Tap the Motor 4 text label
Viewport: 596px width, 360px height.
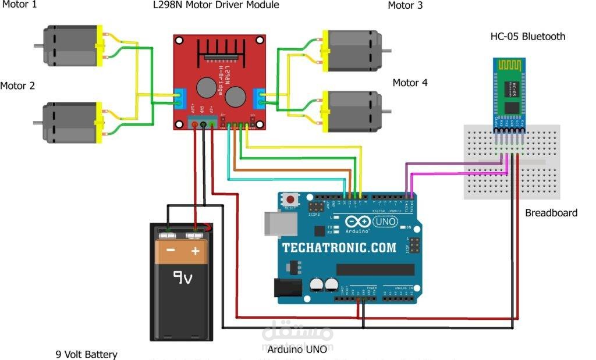pyautogui.click(x=410, y=83)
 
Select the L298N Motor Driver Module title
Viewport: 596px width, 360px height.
pyautogui.click(x=220, y=5)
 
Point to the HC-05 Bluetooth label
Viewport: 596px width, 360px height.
pyautogui.click(x=528, y=37)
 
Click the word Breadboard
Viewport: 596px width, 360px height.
pyautogui.click(x=551, y=213)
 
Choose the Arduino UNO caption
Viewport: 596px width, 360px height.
pyautogui.click(x=297, y=350)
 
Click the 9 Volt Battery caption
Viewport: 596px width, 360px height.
pyautogui.click(x=86, y=354)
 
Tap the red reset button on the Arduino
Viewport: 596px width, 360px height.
pyautogui.click(x=291, y=199)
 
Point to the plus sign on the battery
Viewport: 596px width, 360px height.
pyautogui.click(x=196, y=251)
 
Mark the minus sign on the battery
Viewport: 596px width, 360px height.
pyautogui.click(x=171, y=251)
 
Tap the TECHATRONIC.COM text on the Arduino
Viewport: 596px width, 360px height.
pyautogui.click(x=339, y=248)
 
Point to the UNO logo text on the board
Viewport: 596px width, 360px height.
pyautogui.click(x=384, y=222)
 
